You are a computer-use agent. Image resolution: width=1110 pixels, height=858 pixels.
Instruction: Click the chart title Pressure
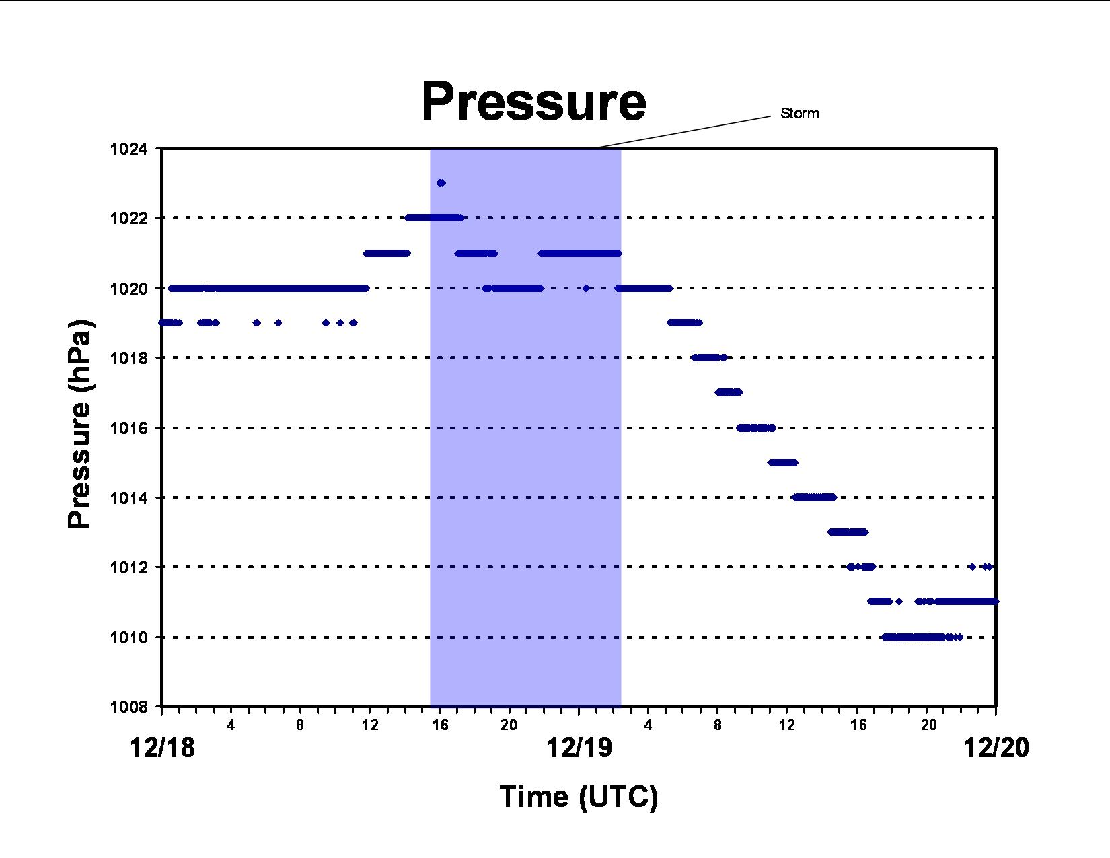pos(533,102)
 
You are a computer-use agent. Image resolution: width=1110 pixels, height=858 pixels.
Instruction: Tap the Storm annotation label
pos(799,114)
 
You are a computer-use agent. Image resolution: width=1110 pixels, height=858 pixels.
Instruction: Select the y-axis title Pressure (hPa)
pos(80,424)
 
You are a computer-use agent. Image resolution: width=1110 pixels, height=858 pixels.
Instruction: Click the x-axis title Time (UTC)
pos(579,797)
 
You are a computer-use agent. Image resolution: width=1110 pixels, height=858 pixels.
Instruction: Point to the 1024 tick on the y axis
pos(128,149)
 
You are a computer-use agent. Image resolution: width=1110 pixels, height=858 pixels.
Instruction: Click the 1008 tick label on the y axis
pos(128,707)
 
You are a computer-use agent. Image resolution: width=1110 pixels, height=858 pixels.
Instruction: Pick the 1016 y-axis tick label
pos(128,428)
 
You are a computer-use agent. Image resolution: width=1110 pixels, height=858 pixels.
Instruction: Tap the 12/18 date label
pos(162,748)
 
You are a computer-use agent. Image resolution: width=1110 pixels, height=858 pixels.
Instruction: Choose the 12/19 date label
pos(579,748)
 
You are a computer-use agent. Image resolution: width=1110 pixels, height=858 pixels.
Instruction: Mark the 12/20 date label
pos(996,748)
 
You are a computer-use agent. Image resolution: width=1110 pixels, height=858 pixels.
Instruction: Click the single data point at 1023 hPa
pos(441,183)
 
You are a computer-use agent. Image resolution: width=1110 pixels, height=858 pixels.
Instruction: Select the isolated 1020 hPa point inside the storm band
pos(586,288)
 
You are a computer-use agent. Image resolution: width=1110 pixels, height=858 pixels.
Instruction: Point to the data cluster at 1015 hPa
pos(782,462)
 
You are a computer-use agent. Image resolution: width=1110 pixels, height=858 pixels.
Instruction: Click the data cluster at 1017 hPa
pos(729,392)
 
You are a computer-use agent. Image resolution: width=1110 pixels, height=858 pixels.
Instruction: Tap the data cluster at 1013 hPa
pos(848,532)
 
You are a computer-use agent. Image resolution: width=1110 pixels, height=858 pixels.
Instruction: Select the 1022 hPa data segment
pos(435,217)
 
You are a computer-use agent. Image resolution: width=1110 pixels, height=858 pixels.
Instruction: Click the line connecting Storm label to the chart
pos(684,132)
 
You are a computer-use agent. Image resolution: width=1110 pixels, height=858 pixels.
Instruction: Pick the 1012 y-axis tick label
pos(128,567)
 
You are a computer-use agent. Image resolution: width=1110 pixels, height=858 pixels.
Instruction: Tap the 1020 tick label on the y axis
pos(128,289)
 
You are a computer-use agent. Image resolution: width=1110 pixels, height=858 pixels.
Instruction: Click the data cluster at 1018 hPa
pos(709,357)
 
